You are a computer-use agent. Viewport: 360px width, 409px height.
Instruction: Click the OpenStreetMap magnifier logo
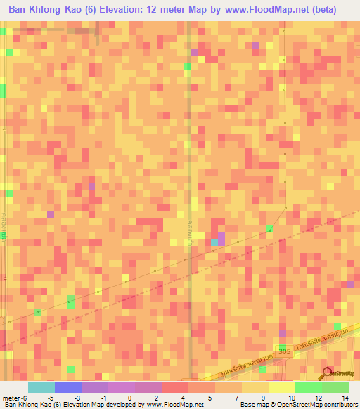[x=327, y=372]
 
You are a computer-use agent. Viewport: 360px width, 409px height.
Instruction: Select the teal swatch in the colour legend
[x=41, y=387]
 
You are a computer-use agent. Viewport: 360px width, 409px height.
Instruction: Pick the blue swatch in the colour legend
[x=68, y=387]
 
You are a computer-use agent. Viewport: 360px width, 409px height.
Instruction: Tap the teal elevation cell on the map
[x=214, y=242]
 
